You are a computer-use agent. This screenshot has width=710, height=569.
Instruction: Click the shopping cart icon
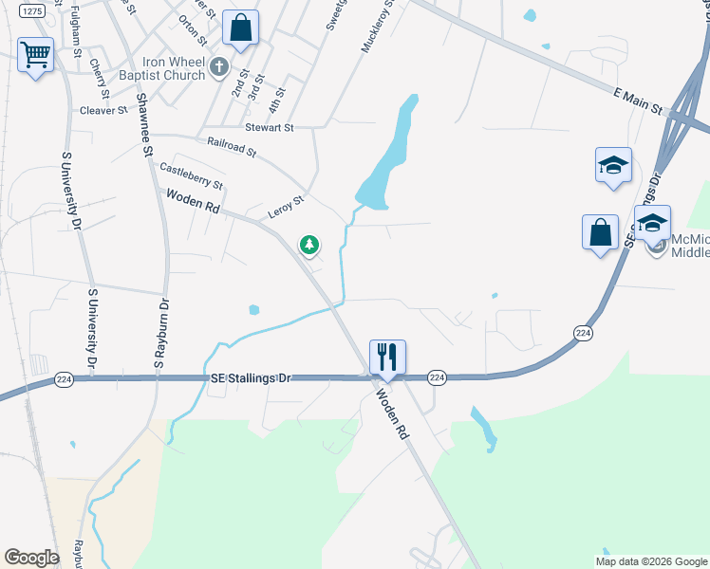(x=35, y=55)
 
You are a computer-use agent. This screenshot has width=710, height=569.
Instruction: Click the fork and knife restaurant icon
(x=387, y=357)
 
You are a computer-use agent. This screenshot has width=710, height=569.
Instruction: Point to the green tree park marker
(x=309, y=246)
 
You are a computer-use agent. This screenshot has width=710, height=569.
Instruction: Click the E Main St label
(x=639, y=101)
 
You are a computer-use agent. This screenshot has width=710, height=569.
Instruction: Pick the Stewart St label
(x=270, y=126)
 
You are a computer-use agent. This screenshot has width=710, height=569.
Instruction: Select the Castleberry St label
(x=191, y=175)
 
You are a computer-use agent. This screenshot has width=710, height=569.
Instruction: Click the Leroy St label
(x=285, y=206)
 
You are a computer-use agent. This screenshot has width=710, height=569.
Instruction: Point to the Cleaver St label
(x=103, y=111)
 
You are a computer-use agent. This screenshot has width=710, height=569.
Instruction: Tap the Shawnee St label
(x=146, y=124)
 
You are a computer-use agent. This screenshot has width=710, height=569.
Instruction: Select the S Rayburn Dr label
(x=160, y=333)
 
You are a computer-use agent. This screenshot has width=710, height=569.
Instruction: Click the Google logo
(x=31, y=558)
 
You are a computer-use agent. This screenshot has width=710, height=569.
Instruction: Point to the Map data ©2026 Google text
(x=650, y=561)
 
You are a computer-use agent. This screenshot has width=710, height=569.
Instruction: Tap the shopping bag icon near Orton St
(x=240, y=28)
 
